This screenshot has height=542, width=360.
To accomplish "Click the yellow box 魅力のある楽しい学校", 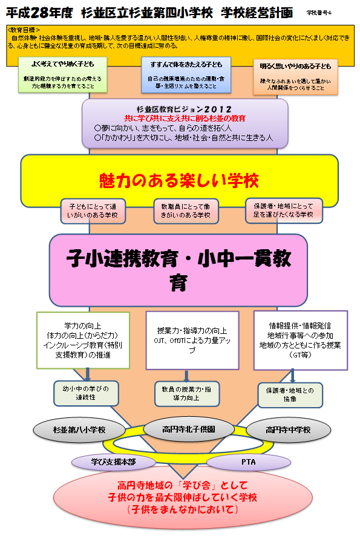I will (x=179, y=180).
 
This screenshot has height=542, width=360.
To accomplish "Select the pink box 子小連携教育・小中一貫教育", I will (x=179, y=270).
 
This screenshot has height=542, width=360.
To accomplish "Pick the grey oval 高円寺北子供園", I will (x=181, y=429).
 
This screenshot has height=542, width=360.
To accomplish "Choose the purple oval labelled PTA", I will (x=248, y=462).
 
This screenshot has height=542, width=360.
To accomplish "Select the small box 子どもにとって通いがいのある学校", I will (x=93, y=211).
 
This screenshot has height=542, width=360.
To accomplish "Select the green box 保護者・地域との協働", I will (x=286, y=394).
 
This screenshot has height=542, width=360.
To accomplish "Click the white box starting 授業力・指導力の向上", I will (x=192, y=340).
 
